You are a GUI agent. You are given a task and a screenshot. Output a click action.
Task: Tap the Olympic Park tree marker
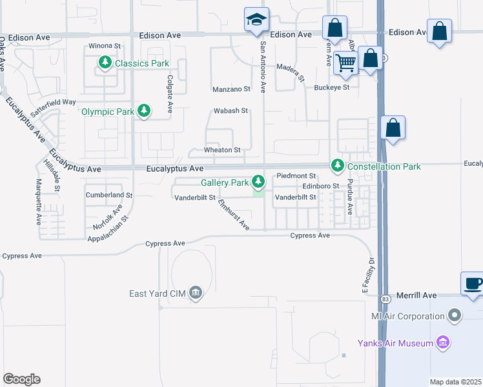(144, 112)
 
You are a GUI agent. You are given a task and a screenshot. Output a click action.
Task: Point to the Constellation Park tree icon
(337, 166)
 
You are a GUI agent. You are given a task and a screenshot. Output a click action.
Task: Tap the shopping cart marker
(346, 63)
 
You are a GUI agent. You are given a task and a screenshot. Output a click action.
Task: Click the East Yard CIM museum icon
(196, 293)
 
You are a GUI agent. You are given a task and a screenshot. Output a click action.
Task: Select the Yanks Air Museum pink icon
(443, 342)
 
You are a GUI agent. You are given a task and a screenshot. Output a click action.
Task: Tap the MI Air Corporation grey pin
(455, 316)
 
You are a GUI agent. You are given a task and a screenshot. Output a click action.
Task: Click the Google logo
(21, 379)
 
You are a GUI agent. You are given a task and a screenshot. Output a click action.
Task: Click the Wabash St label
(231, 111)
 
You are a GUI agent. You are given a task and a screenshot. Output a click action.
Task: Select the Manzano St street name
(231, 89)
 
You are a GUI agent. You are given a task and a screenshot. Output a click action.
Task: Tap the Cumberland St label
(108, 194)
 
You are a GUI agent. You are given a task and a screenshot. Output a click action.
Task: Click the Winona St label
(105, 46)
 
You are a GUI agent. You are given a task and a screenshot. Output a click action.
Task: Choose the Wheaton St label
(222, 150)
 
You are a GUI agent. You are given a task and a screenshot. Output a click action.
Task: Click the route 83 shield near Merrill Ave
(385, 299)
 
